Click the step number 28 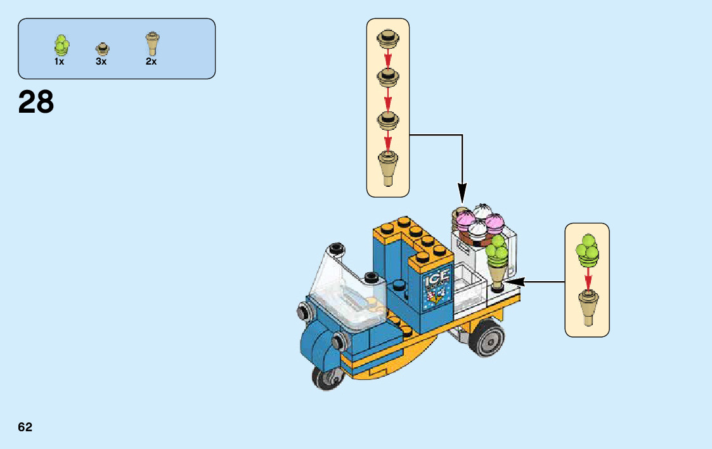click(x=36, y=102)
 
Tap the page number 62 click(x=25, y=427)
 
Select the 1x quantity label click(x=59, y=62)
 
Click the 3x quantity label click(x=101, y=62)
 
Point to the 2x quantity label click(x=151, y=62)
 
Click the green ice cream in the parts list click(x=61, y=46)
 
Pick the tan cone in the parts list click(x=152, y=44)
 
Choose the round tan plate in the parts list click(x=102, y=49)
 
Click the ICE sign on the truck click(x=436, y=279)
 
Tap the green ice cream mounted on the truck click(x=498, y=251)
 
